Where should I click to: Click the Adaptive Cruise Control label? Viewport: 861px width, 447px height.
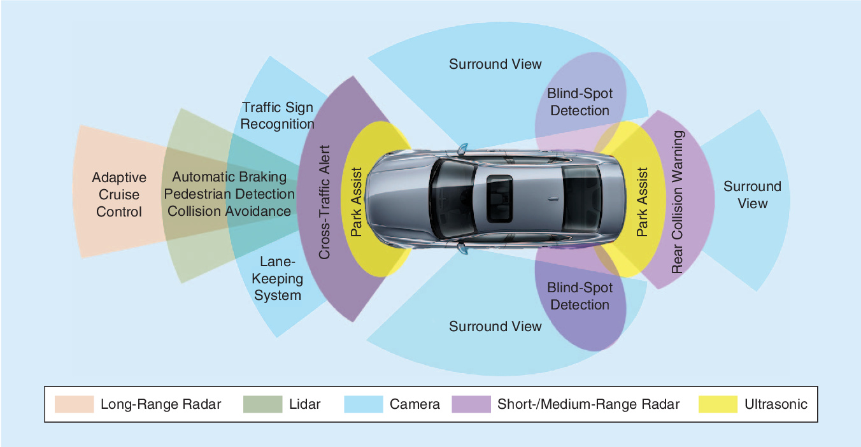[x=119, y=194]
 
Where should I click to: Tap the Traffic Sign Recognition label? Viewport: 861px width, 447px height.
[x=277, y=115]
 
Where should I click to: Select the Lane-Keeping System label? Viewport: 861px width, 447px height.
[x=277, y=278]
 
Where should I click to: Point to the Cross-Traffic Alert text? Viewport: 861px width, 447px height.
[x=324, y=202]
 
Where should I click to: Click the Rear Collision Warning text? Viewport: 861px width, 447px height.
[x=678, y=202]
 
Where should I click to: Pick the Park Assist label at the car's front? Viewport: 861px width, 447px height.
[x=357, y=202]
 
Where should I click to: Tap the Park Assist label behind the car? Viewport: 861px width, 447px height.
[x=643, y=202]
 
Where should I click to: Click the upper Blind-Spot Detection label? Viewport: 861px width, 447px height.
[x=580, y=102]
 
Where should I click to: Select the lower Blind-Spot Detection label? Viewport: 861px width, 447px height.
[x=580, y=296]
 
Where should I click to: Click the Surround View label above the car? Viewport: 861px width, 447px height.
[x=495, y=64]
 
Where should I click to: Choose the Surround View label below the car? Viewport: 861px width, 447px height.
[x=495, y=326]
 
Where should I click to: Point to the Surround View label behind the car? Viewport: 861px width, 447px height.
[x=752, y=195]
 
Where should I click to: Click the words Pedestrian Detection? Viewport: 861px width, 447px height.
[x=229, y=194]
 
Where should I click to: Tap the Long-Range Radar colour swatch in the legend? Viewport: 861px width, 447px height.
[x=74, y=404]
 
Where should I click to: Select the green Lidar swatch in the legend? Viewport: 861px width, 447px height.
[x=263, y=404]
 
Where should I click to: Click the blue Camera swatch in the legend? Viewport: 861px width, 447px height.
[x=364, y=404]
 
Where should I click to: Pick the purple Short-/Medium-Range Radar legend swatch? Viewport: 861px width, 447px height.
[x=471, y=404]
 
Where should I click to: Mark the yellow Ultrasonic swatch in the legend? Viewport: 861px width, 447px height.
[x=718, y=404]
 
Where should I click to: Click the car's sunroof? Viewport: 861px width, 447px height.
[x=499, y=199]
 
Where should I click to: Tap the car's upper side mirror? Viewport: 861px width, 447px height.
[x=462, y=149]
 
